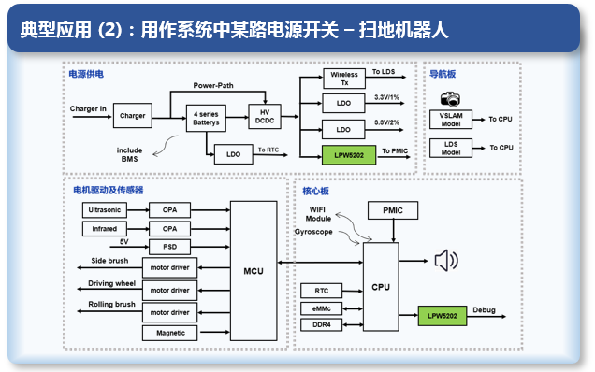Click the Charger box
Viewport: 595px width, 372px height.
tap(133, 115)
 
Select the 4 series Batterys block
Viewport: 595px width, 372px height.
tap(206, 119)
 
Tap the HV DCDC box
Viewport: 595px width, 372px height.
tap(265, 117)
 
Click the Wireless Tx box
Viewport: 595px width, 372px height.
tap(344, 79)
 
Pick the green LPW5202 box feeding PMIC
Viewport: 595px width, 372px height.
tap(349, 155)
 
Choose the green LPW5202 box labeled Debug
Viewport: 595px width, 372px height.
tap(443, 316)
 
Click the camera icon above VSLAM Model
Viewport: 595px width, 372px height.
tap(450, 99)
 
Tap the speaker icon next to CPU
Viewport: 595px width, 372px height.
tap(446, 261)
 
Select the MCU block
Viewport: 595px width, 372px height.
tap(254, 271)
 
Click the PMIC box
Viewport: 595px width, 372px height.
tap(393, 210)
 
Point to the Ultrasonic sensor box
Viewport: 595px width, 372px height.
tap(105, 209)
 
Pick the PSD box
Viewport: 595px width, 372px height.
tap(169, 247)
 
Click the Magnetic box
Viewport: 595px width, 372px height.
tap(170, 333)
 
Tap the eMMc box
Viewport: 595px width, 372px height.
tap(322, 308)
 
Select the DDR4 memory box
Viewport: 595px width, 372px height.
tap(322, 325)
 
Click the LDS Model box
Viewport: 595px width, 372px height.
tap(451, 149)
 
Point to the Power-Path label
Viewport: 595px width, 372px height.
tap(213, 86)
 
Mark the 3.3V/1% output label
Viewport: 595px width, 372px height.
tap(386, 97)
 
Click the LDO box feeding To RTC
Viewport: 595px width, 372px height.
tap(233, 154)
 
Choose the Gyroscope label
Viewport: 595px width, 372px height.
tap(313, 232)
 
